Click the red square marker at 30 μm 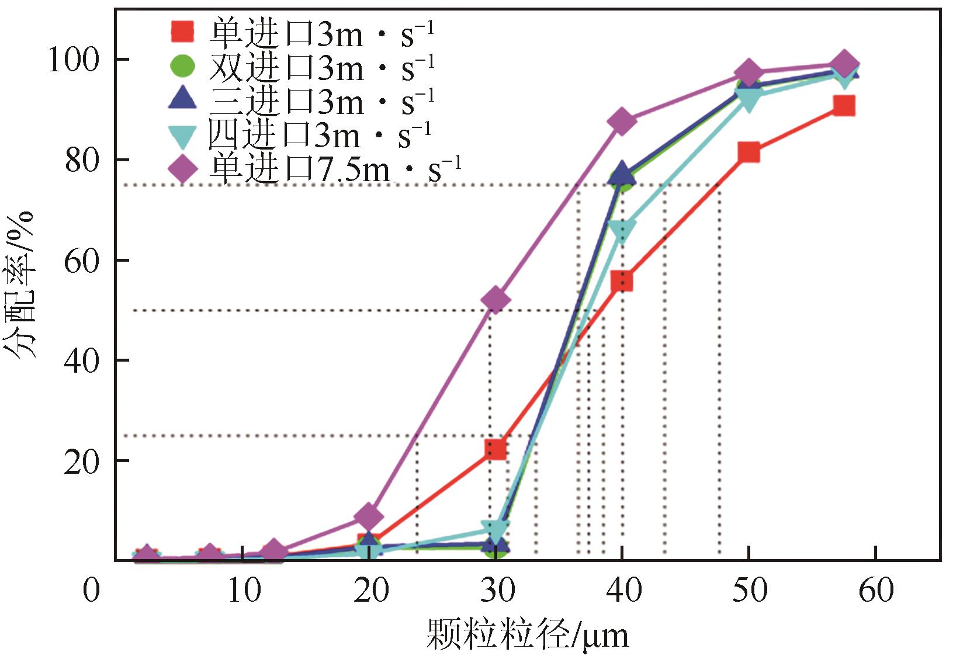495,449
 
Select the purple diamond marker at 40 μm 622,122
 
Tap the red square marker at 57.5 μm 844,106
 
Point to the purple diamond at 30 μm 495,300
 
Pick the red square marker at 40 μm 622,281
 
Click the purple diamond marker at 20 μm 369,516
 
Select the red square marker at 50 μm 748,152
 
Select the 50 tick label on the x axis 750,591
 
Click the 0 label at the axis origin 91,591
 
